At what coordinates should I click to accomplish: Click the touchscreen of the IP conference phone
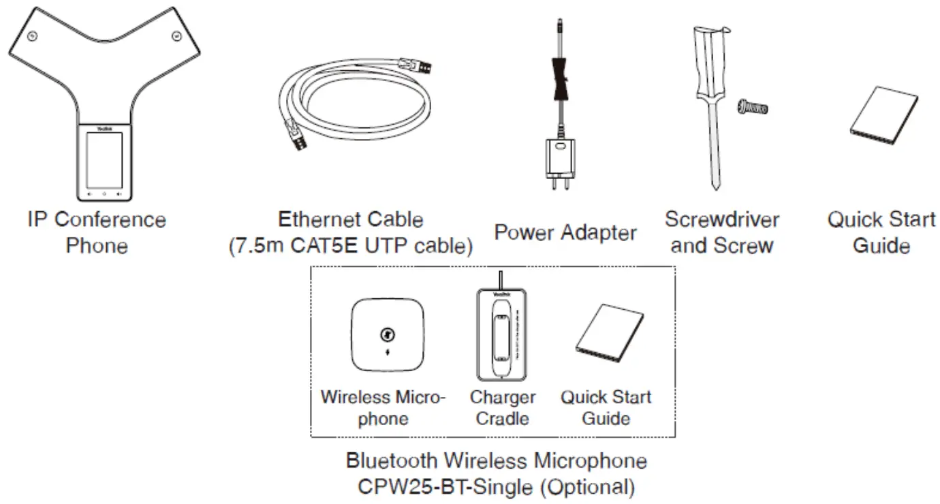point(104,160)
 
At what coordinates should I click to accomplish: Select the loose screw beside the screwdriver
point(752,107)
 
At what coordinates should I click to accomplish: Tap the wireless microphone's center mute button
point(387,334)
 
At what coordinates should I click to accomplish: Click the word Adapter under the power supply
point(599,233)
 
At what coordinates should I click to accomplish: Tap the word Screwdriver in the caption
point(721,220)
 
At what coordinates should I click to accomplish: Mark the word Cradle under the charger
point(503,418)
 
